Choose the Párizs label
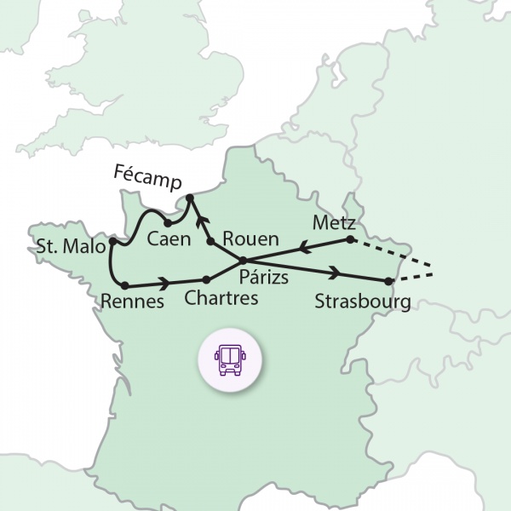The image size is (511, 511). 264,277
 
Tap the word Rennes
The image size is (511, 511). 132,301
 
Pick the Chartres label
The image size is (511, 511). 221,299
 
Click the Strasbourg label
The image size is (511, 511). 363,301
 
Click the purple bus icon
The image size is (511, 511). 229,359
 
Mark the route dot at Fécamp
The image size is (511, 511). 190,198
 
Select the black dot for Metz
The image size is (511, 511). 350,240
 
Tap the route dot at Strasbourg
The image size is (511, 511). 388,281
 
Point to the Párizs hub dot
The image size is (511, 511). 244,261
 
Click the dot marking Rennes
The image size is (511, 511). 125,284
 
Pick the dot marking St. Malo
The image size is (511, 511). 112,243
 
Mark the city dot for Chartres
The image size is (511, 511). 206,279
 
